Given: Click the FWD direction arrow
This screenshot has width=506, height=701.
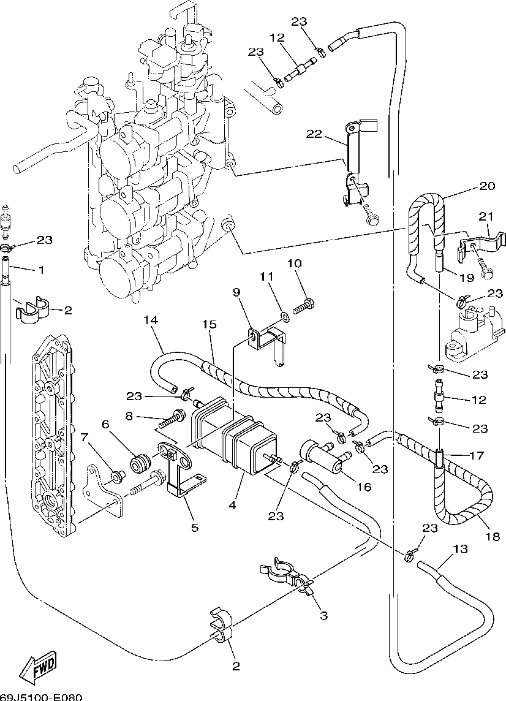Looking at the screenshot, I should pyautogui.click(x=38, y=666).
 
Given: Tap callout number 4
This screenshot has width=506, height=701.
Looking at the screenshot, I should pyautogui.click(x=233, y=506).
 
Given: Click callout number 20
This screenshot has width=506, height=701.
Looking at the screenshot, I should pyautogui.click(x=488, y=186).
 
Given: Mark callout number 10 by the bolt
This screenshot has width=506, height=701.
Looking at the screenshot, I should pyautogui.click(x=295, y=263).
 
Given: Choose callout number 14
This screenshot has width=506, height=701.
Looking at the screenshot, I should pyautogui.click(x=151, y=320).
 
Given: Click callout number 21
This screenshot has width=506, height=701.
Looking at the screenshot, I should pyautogui.click(x=486, y=216).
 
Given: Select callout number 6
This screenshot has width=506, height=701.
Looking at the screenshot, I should pyautogui.click(x=105, y=424).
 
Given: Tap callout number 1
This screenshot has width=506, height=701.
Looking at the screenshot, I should pyautogui.click(x=42, y=270).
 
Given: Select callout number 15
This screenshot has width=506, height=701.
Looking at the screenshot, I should pyautogui.click(x=210, y=324).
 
